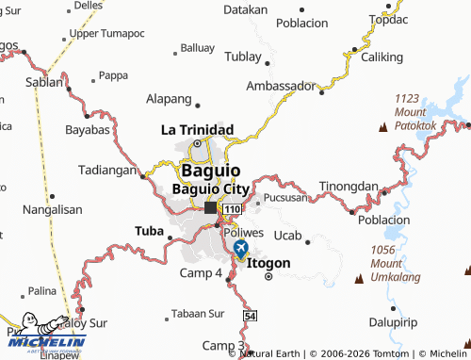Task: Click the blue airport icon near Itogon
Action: pos(240,249)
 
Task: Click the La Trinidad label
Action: pos(197,129)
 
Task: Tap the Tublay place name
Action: pos(243,57)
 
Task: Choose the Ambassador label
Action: pos(280,86)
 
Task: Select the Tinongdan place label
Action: pos(349,186)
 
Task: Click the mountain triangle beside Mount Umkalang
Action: pos(359,278)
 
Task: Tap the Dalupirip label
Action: pos(417,321)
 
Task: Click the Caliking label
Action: pos(382,57)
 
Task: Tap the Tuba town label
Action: pos(149,230)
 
